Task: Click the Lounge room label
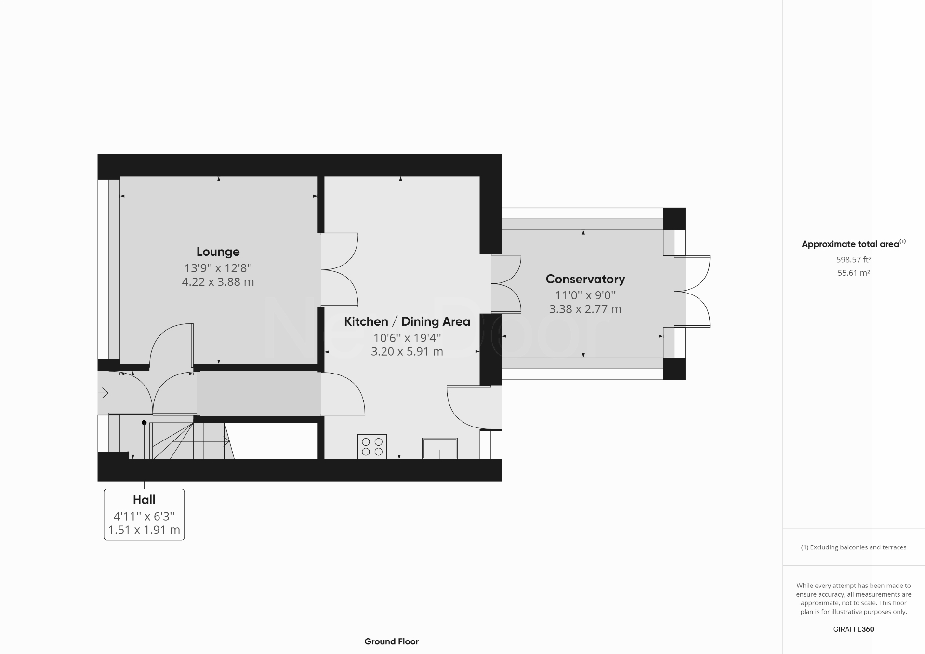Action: coord(218,252)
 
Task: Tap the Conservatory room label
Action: coord(585,279)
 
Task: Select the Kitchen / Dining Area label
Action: coord(407,321)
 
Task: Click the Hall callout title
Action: coord(144,500)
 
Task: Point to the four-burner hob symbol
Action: coord(372,447)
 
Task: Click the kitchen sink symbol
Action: coord(439,448)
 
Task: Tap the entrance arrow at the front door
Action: coord(103,393)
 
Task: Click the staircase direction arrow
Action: coord(225,440)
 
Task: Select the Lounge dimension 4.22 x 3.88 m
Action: coord(218,282)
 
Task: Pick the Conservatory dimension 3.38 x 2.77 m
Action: coord(585,309)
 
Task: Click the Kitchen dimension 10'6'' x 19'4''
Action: coord(407,338)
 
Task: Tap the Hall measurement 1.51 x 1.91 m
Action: coord(144,530)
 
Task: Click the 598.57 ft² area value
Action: coord(853,259)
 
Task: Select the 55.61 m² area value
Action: coord(853,273)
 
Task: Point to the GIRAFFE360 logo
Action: coord(853,629)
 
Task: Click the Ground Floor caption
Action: coord(391,641)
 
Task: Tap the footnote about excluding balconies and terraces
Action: coord(853,547)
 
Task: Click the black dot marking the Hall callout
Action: coord(144,423)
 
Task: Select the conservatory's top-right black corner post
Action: coord(674,219)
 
